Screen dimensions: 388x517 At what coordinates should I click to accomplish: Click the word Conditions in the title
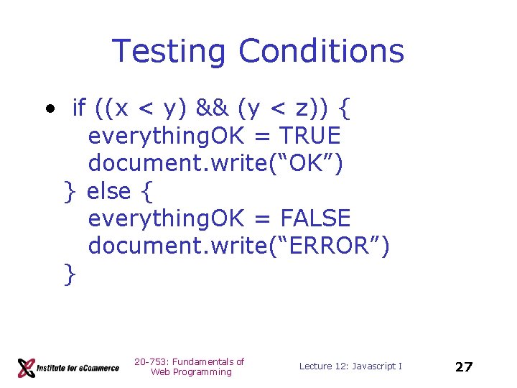click(322, 52)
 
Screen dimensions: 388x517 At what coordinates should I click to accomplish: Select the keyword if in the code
click(79, 108)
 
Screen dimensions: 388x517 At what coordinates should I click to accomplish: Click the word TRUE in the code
click(310, 136)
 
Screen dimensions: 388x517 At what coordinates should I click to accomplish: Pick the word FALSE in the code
click(315, 218)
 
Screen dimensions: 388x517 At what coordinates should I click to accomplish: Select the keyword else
click(108, 190)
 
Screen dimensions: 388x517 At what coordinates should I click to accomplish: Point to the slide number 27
click(464, 366)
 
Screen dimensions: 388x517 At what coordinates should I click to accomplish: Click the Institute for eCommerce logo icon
click(27, 367)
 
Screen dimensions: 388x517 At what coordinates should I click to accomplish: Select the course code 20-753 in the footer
click(149, 361)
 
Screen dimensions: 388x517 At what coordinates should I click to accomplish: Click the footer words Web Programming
click(191, 372)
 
